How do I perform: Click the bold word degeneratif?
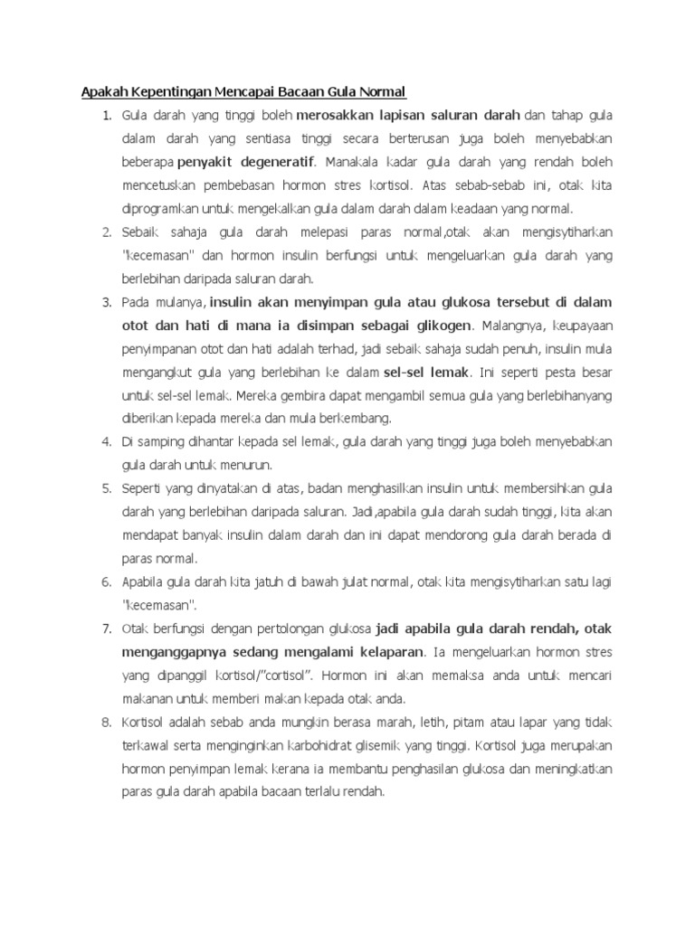coord(271,163)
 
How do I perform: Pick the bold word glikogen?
coord(438,325)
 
